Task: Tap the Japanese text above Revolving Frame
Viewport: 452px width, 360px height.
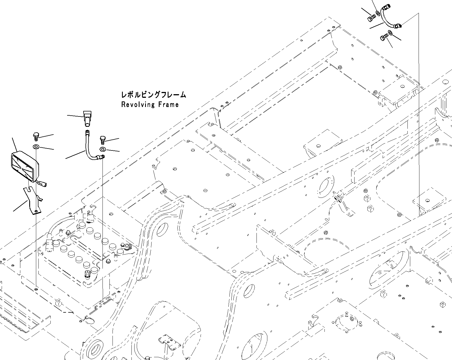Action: point(153,95)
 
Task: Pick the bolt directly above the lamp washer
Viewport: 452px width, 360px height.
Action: point(35,136)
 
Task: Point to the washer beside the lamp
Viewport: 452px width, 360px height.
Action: point(36,147)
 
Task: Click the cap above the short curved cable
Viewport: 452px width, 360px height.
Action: point(87,117)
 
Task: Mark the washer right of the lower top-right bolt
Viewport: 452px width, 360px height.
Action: point(390,33)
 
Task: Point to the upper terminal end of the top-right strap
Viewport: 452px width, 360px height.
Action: point(385,6)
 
